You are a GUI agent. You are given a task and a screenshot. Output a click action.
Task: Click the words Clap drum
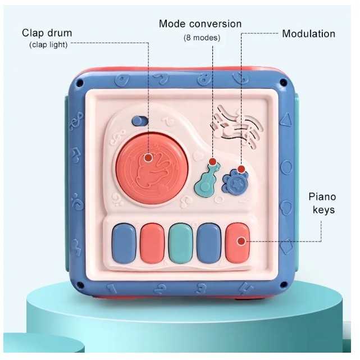[x=47, y=33]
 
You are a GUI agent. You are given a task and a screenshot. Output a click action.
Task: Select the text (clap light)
[x=48, y=45]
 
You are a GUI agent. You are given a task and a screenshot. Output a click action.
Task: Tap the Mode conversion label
[x=200, y=24]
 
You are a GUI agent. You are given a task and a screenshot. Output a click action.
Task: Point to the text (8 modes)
[x=202, y=38]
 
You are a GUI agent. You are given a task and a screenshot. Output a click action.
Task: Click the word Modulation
[x=308, y=34]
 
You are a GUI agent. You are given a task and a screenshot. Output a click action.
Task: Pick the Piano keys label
[x=322, y=203]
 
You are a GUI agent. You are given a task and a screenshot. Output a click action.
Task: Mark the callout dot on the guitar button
[x=213, y=163]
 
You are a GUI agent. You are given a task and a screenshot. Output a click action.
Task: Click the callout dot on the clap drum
[x=148, y=158]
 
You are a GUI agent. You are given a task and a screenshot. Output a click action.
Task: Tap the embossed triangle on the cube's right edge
[x=286, y=118]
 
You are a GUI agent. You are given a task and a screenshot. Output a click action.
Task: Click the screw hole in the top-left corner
[x=80, y=83]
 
